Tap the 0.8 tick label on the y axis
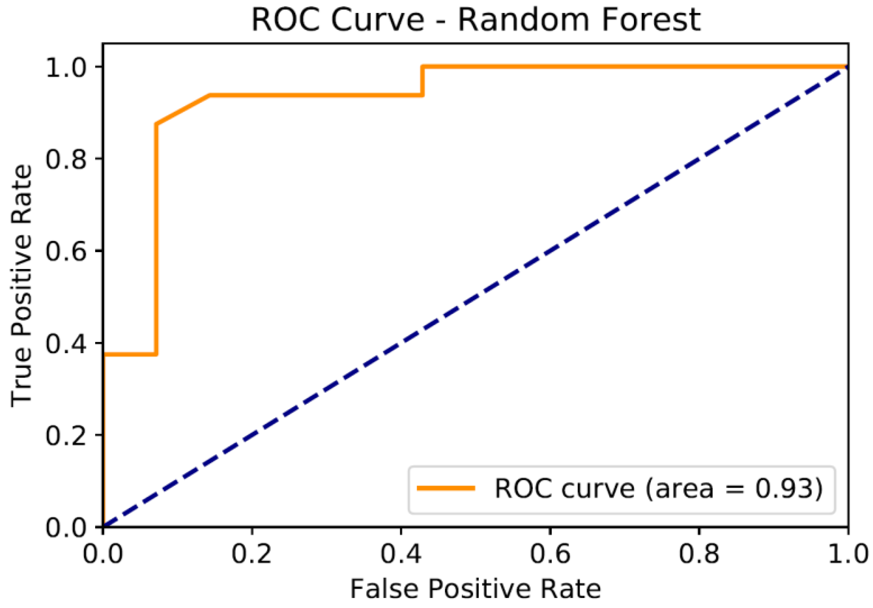tap(66, 159)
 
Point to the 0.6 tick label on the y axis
tap(66, 251)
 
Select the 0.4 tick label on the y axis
tap(66, 343)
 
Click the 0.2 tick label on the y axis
tap(66, 435)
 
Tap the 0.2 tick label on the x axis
tap(252, 554)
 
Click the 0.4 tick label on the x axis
tap(401, 554)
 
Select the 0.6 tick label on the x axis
tap(550, 554)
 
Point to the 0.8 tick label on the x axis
tap(699, 554)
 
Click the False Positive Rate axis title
tap(475, 589)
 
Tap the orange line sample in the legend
tap(445, 488)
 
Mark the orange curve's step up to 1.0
tap(422, 80)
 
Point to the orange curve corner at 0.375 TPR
tap(156, 354)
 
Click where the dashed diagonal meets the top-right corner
tap(846, 68)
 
